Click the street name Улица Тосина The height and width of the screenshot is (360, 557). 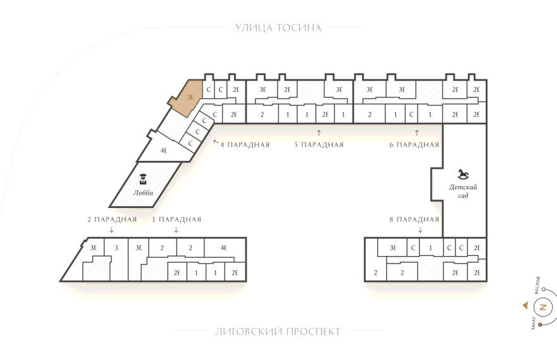coord(278,28)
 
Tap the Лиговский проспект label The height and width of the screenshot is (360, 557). coord(278,332)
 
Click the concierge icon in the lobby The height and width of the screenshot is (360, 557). coord(143,179)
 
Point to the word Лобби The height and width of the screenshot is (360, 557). coord(143,193)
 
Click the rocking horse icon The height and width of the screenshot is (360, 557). coord(463,174)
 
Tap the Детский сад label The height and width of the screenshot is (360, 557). coord(463,191)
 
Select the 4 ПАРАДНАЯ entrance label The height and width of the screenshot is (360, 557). coord(245,145)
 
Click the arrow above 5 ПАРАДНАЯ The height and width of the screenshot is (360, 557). coord(319,133)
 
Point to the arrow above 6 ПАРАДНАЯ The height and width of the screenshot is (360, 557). coord(417,133)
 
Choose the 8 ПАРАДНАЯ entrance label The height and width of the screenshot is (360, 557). coord(414,219)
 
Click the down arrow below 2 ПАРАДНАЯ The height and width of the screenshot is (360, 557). coord(112,229)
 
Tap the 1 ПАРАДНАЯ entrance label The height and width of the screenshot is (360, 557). coord(177,219)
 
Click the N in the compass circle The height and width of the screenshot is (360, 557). coord(542,307)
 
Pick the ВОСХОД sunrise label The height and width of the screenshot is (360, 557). coord(537,285)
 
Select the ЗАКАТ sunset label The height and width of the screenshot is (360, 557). coord(533,323)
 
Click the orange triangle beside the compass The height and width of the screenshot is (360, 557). coord(525,305)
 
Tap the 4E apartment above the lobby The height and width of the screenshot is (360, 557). coord(163,151)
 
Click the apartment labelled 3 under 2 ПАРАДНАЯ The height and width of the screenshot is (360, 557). coord(116,248)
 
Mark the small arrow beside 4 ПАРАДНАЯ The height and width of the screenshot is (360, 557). coord(216,142)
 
